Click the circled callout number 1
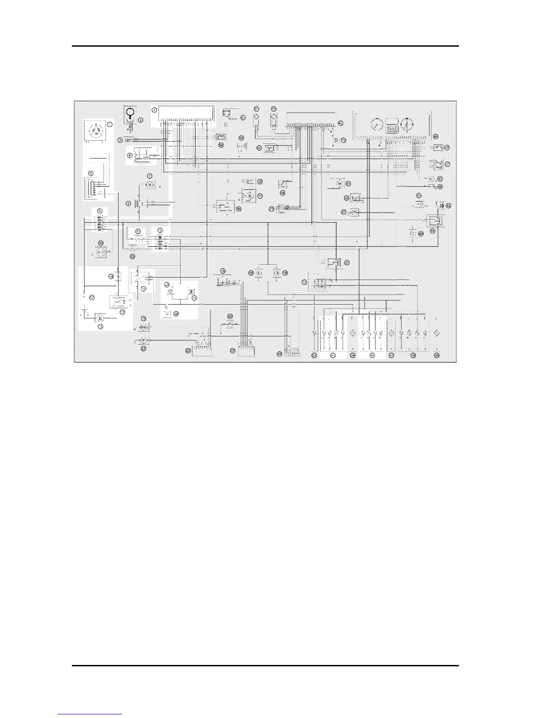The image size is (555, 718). pyautogui.click(x=154, y=110)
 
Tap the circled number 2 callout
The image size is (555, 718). pyautogui.click(x=141, y=120)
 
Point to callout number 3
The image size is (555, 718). pyautogui.click(x=121, y=140)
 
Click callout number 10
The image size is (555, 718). pyautogui.click(x=101, y=243)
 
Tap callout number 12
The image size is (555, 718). pyautogui.click(x=160, y=230)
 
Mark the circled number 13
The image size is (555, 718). pyautogui.click(x=132, y=256)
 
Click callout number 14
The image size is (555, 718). pyautogui.click(x=110, y=276)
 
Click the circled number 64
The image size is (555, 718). pyautogui.click(x=221, y=145)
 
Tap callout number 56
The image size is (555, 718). pyautogui.click(x=239, y=209)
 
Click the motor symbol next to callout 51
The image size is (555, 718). pyautogui.click(x=339, y=183)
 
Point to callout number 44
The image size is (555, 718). pyautogui.click(x=440, y=186)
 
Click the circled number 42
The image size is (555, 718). pyautogui.click(x=449, y=205)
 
